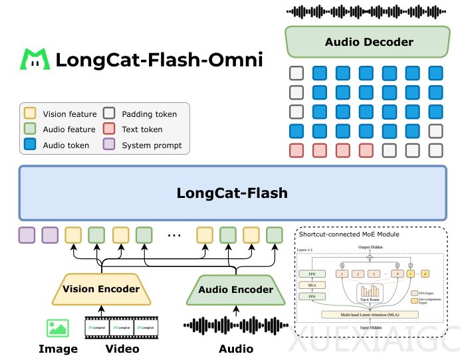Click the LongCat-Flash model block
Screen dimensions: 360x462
(232, 193)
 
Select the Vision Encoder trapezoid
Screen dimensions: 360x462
(101, 289)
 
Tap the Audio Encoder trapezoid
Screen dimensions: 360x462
(237, 290)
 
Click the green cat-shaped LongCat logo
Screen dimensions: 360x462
(35, 60)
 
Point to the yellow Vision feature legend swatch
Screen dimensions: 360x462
(30, 114)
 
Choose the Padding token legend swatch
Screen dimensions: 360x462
(110, 114)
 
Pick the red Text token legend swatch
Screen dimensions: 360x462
(110, 130)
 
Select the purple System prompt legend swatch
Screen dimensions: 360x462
(110, 145)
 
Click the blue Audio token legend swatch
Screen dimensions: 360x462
(30, 145)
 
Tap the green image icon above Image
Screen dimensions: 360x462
(58, 327)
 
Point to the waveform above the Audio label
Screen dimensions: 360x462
(236, 326)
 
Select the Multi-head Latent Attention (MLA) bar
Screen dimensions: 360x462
(370, 314)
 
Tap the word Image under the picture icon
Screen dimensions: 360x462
(58, 349)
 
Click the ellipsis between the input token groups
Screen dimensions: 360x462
(174, 234)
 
